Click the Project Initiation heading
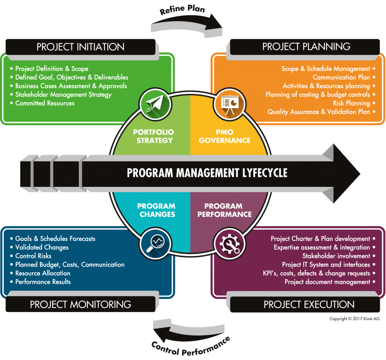click(x=80, y=47)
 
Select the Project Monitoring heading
click(x=80, y=304)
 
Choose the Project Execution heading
click(x=309, y=304)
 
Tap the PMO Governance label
click(x=224, y=136)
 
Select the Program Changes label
click(x=156, y=210)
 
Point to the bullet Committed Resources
click(x=45, y=103)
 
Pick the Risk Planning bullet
click(x=351, y=103)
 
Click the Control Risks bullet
click(x=33, y=256)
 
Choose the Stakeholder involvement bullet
click(x=336, y=256)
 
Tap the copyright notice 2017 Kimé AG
click(x=354, y=319)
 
